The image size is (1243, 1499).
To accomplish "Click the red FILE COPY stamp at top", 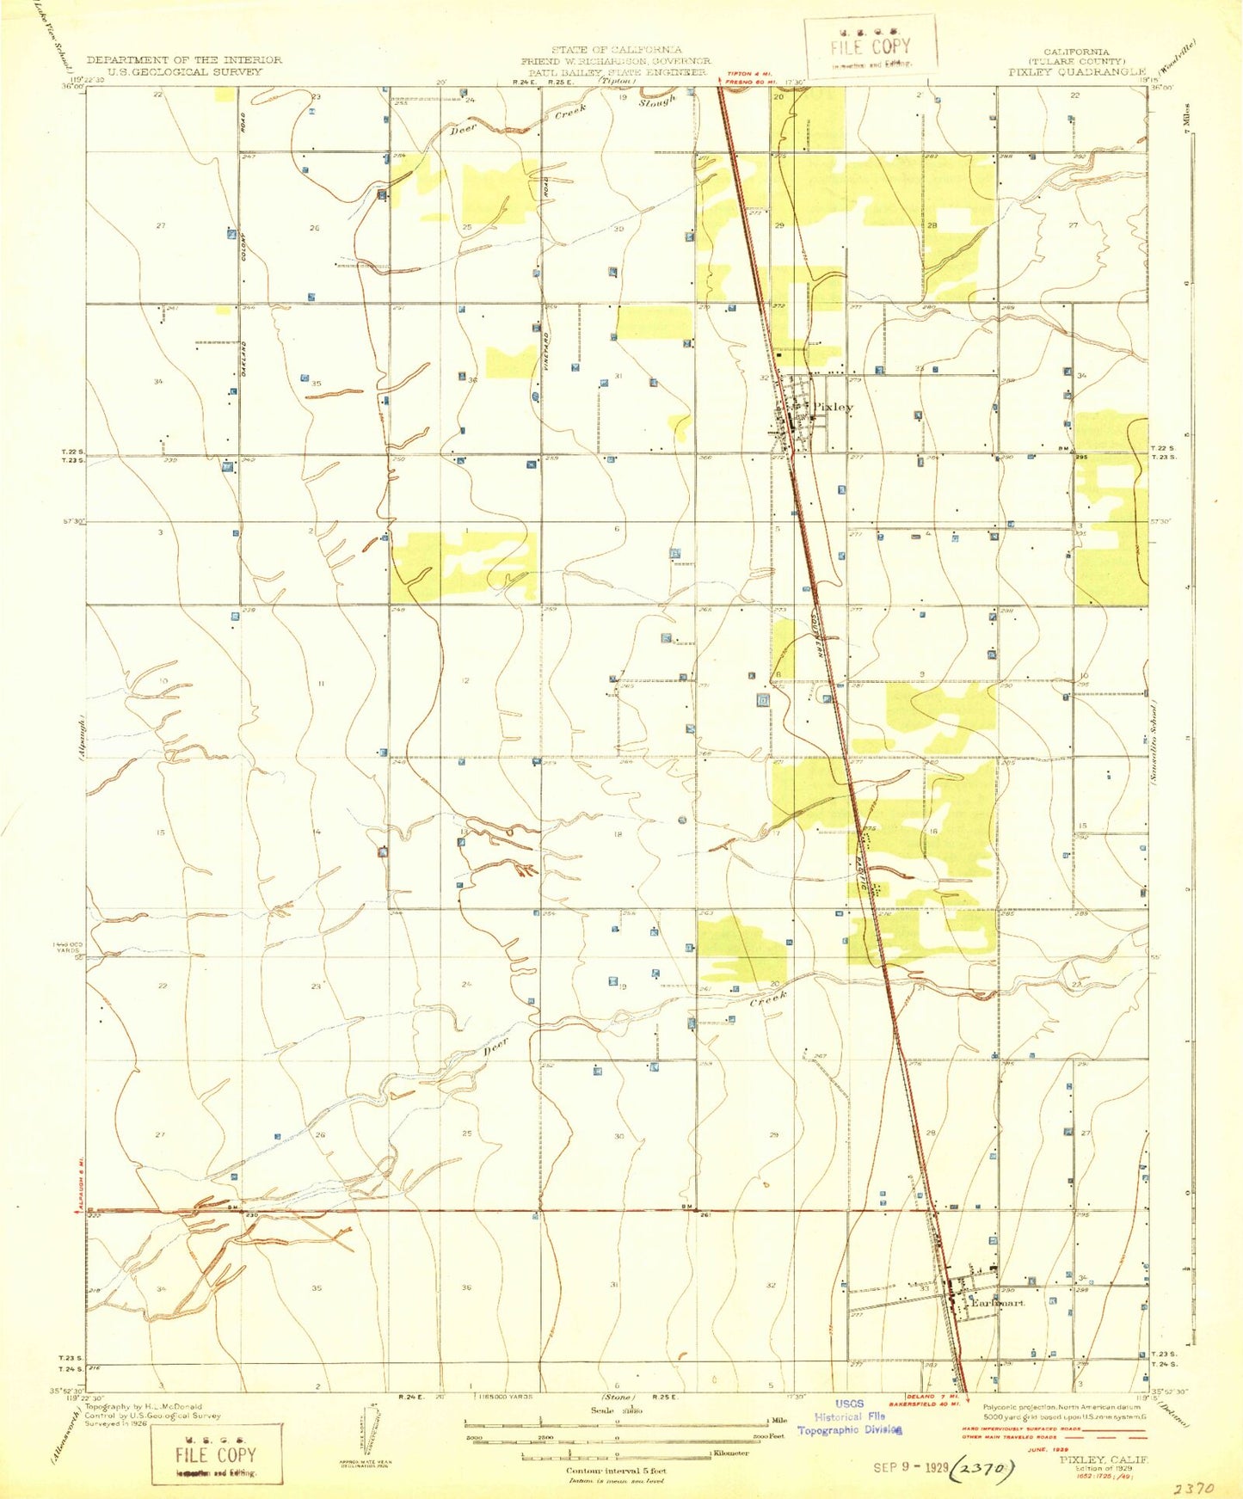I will [870, 47].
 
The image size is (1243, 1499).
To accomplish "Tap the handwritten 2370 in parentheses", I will [981, 1469].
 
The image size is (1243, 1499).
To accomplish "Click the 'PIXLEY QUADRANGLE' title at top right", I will [1077, 72].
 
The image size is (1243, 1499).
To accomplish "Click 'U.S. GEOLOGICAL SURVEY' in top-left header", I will [184, 72].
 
